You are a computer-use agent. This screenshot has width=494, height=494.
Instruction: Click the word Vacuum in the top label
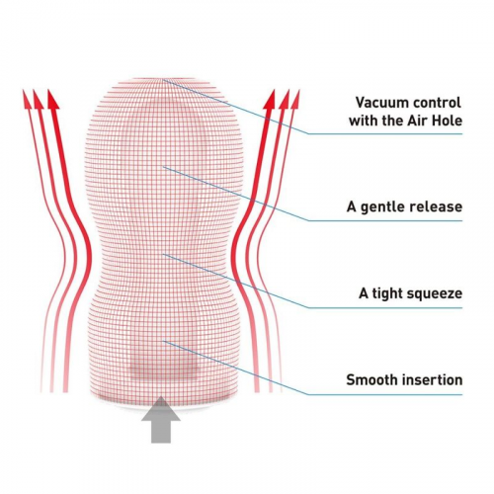point(381,103)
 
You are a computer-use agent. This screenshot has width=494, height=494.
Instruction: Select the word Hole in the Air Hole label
point(448,121)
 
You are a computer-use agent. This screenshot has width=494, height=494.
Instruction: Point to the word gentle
point(383,207)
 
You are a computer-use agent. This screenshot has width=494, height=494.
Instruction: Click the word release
point(436,206)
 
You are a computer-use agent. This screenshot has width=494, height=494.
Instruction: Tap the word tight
point(386,293)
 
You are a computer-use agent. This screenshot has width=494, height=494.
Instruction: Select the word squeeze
point(435,294)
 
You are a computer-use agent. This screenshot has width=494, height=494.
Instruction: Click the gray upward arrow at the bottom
point(161,419)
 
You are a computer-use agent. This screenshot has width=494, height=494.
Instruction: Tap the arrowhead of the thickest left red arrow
point(53,99)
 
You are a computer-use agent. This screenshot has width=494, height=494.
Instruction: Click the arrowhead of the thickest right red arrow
point(270,99)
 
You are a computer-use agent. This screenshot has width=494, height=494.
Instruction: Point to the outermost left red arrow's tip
point(23,89)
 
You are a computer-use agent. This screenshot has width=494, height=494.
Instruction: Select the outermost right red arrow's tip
point(299,89)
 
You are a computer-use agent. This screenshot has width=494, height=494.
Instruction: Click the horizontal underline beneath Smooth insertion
point(385,394)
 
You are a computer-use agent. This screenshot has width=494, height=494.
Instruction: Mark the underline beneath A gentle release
point(385,220)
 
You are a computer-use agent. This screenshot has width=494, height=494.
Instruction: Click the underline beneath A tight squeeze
point(385,308)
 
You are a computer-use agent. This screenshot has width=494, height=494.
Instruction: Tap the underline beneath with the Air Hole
point(385,133)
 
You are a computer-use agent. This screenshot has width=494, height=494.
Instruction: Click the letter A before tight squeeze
point(364,293)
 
